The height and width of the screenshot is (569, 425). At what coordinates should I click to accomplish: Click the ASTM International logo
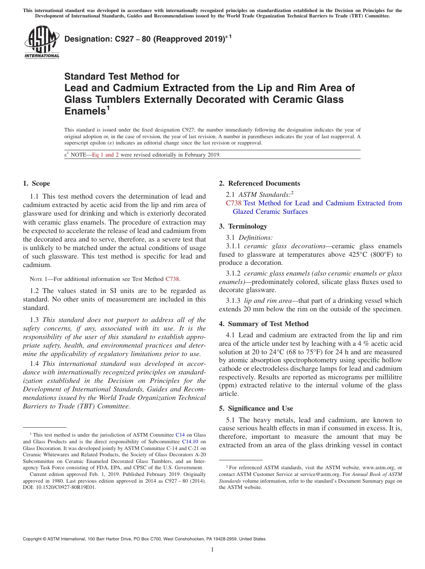[x=41, y=42]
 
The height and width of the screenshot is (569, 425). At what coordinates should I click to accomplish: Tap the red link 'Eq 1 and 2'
[x=105, y=155]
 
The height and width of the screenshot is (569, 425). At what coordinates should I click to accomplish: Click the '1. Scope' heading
[x=36, y=183]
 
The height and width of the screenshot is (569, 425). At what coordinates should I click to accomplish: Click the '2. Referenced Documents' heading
[x=259, y=183]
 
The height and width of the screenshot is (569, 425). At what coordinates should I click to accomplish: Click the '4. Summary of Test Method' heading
[x=263, y=324]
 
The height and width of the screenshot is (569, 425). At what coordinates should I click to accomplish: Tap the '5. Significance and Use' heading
[x=256, y=408]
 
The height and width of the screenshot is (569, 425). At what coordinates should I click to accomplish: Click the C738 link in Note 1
[x=172, y=279]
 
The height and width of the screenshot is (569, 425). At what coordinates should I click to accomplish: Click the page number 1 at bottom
[x=212, y=550]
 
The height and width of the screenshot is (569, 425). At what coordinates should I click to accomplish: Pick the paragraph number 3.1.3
[x=234, y=301]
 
